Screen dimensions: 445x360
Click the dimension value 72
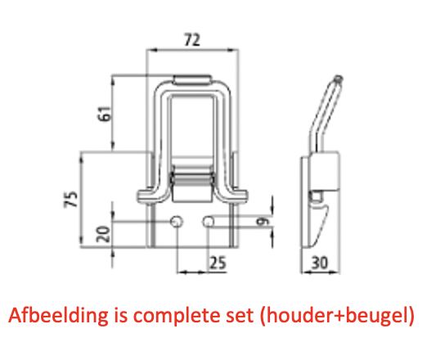[192, 39]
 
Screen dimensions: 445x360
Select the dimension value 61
[104, 113]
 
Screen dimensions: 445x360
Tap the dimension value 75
[71, 199]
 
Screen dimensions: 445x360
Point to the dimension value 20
[103, 234]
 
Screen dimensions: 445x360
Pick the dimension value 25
[218, 263]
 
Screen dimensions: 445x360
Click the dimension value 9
[263, 221]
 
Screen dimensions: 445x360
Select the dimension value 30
[320, 263]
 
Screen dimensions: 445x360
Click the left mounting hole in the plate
[177, 221]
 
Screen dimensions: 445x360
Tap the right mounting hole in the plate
[209, 221]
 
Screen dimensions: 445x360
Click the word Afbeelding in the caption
[58, 316]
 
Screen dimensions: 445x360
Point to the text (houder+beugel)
[337, 316]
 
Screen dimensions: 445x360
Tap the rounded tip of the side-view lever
[338, 79]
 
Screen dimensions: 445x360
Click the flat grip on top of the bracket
[193, 80]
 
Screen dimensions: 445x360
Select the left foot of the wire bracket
[148, 196]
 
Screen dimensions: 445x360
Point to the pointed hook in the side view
[319, 223]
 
